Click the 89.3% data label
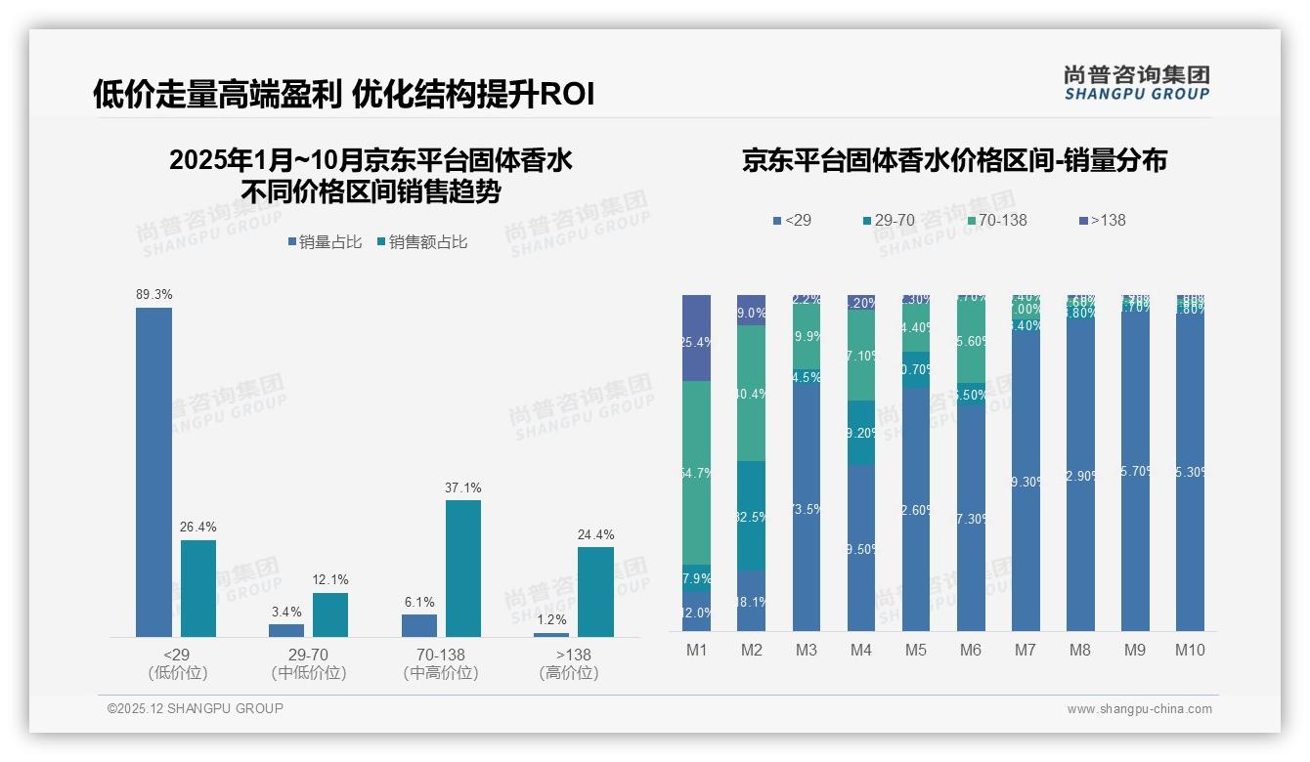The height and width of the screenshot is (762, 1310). coord(153,294)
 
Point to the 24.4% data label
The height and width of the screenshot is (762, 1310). coord(595,534)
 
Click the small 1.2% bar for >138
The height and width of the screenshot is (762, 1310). coord(551,635)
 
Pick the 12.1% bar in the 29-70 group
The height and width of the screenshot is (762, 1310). coord(330,614)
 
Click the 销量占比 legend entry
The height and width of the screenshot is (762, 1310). coord(325,242)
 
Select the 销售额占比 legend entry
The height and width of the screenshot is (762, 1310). coord(421,242)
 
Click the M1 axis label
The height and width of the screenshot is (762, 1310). coord(697,650)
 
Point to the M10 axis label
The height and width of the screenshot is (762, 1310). coord(1190,650)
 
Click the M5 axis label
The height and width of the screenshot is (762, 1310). coord(916,650)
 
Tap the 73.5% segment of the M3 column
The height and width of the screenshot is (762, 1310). coord(807,508)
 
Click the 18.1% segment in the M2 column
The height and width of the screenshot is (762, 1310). coord(752,601)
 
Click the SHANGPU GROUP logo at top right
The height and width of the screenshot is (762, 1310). coord(1137,83)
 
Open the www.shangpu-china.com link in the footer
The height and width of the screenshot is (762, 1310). coord(1139,709)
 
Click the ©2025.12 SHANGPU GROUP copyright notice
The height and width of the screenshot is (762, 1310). coord(196,708)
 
